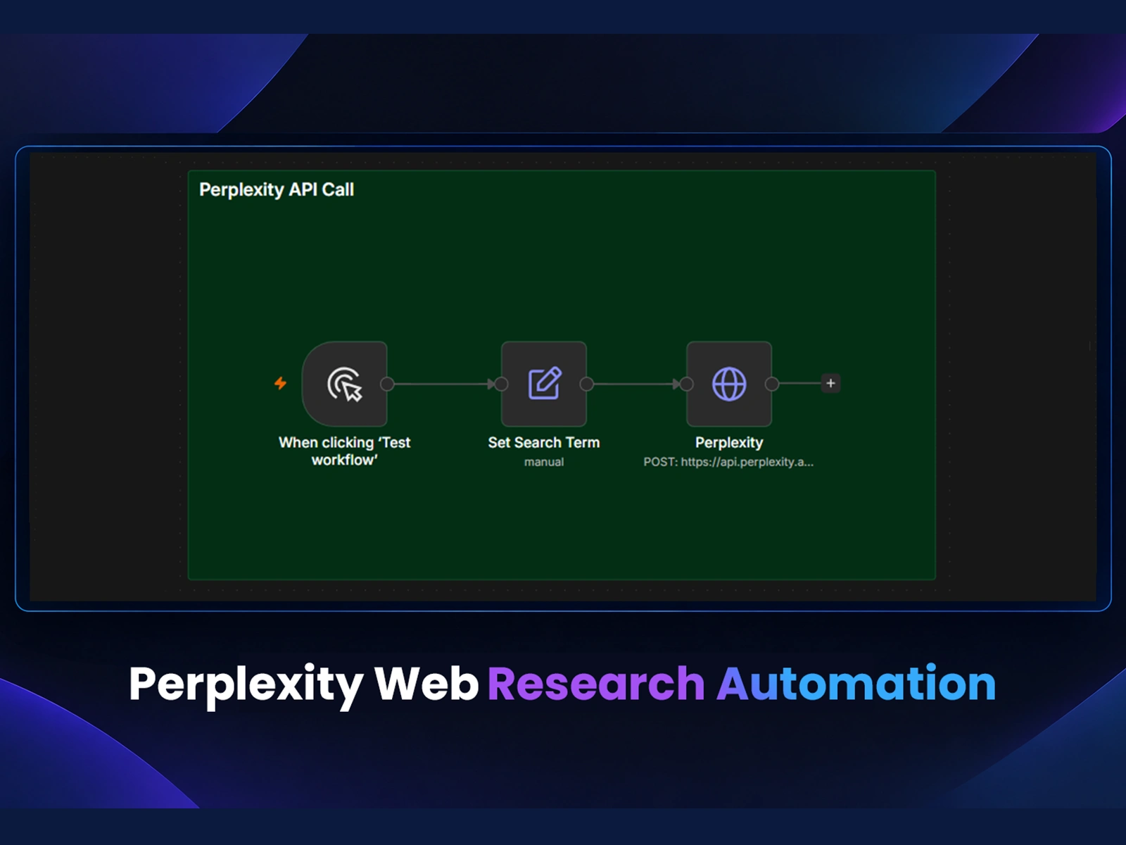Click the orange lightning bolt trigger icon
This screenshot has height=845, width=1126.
tap(281, 383)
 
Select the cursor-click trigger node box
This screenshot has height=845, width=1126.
tap(345, 384)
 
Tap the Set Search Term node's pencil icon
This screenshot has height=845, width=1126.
tap(544, 383)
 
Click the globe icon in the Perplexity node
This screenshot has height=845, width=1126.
tap(729, 384)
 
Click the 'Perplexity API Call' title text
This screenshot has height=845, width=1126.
tap(277, 190)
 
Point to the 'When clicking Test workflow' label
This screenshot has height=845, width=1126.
tap(345, 451)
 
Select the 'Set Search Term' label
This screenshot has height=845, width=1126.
tap(544, 442)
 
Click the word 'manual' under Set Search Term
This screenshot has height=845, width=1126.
tap(544, 462)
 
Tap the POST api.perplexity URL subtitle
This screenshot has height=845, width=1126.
tap(728, 462)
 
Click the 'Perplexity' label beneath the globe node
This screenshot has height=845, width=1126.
tap(729, 443)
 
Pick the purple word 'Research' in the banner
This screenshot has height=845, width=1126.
tap(596, 683)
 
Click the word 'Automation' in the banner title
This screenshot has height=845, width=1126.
tap(856, 683)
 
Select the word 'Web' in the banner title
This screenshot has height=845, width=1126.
tap(426, 683)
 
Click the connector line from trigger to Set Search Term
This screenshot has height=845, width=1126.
tap(444, 384)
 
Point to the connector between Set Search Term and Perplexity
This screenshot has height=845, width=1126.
tap(637, 384)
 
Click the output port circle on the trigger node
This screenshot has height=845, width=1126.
tap(387, 384)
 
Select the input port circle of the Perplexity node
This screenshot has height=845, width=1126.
tap(687, 384)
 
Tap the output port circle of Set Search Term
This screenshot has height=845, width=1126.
tap(587, 384)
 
